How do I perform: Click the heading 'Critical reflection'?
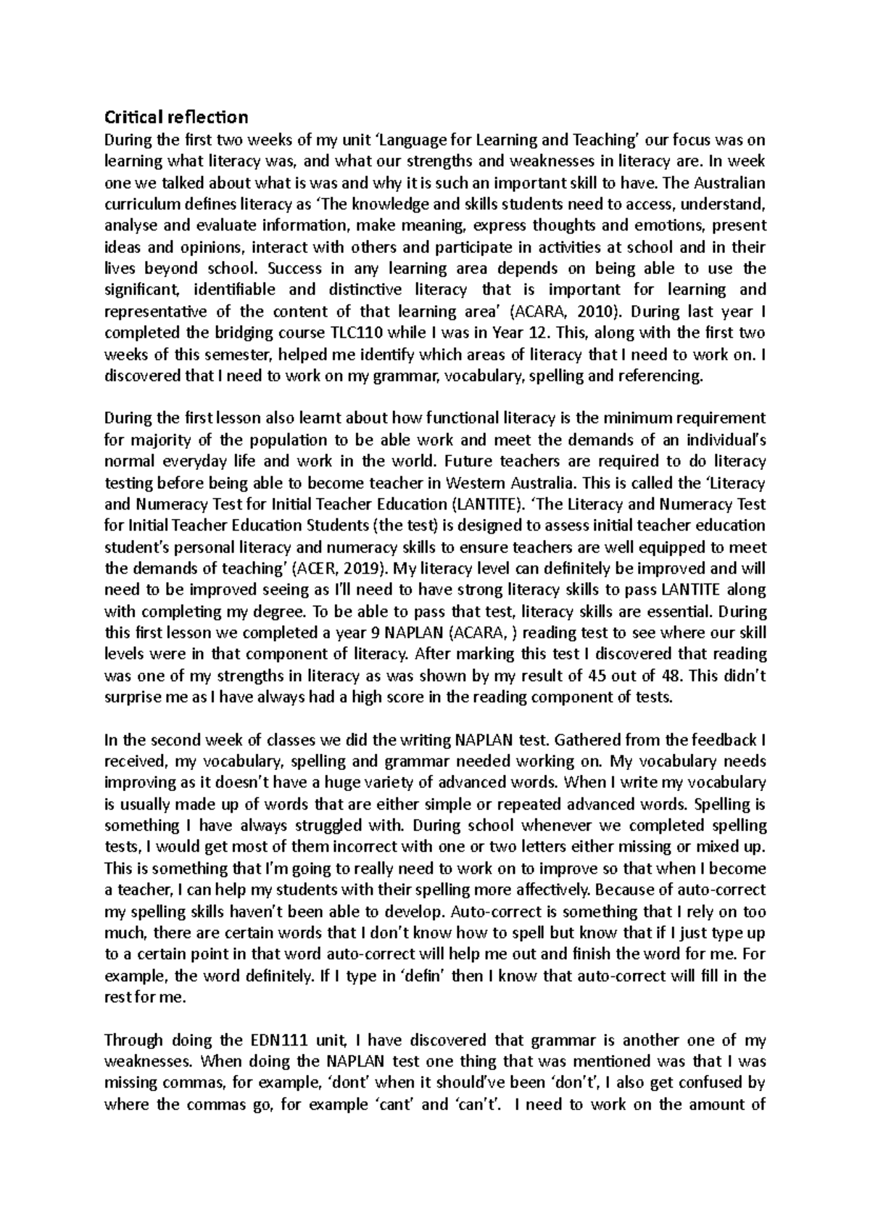(176, 117)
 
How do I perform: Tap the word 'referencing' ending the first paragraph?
(660, 376)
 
